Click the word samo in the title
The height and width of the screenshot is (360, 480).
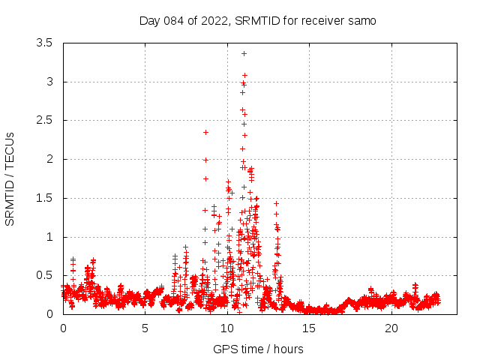(x=361, y=20)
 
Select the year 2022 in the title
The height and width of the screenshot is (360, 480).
(x=212, y=20)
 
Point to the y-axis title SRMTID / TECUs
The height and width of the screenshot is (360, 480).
(x=10, y=178)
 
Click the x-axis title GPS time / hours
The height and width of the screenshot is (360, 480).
(x=258, y=349)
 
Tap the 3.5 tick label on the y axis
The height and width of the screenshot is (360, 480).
(x=44, y=43)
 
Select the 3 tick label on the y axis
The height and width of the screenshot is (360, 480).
(x=49, y=82)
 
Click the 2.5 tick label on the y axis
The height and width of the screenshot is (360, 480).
(x=44, y=120)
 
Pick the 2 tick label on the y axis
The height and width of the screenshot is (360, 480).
(x=49, y=159)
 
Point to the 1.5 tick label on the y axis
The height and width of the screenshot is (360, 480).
(x=44, y=198)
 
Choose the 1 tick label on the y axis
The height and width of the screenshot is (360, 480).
(x=49, y=237)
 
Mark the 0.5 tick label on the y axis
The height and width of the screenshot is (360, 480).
(x=44, y=275)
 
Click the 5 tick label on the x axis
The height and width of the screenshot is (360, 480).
(x=145, y=328)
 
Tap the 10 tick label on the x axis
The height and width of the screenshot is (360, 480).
(x=227, y=328)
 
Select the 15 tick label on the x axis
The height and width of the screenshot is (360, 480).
(x=309, y=328)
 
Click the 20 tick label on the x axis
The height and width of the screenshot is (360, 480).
(x=391, y=328)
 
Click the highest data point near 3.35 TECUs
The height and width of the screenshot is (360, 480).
(x=244, y=53)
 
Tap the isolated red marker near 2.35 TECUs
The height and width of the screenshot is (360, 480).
(x=205, y=132)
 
